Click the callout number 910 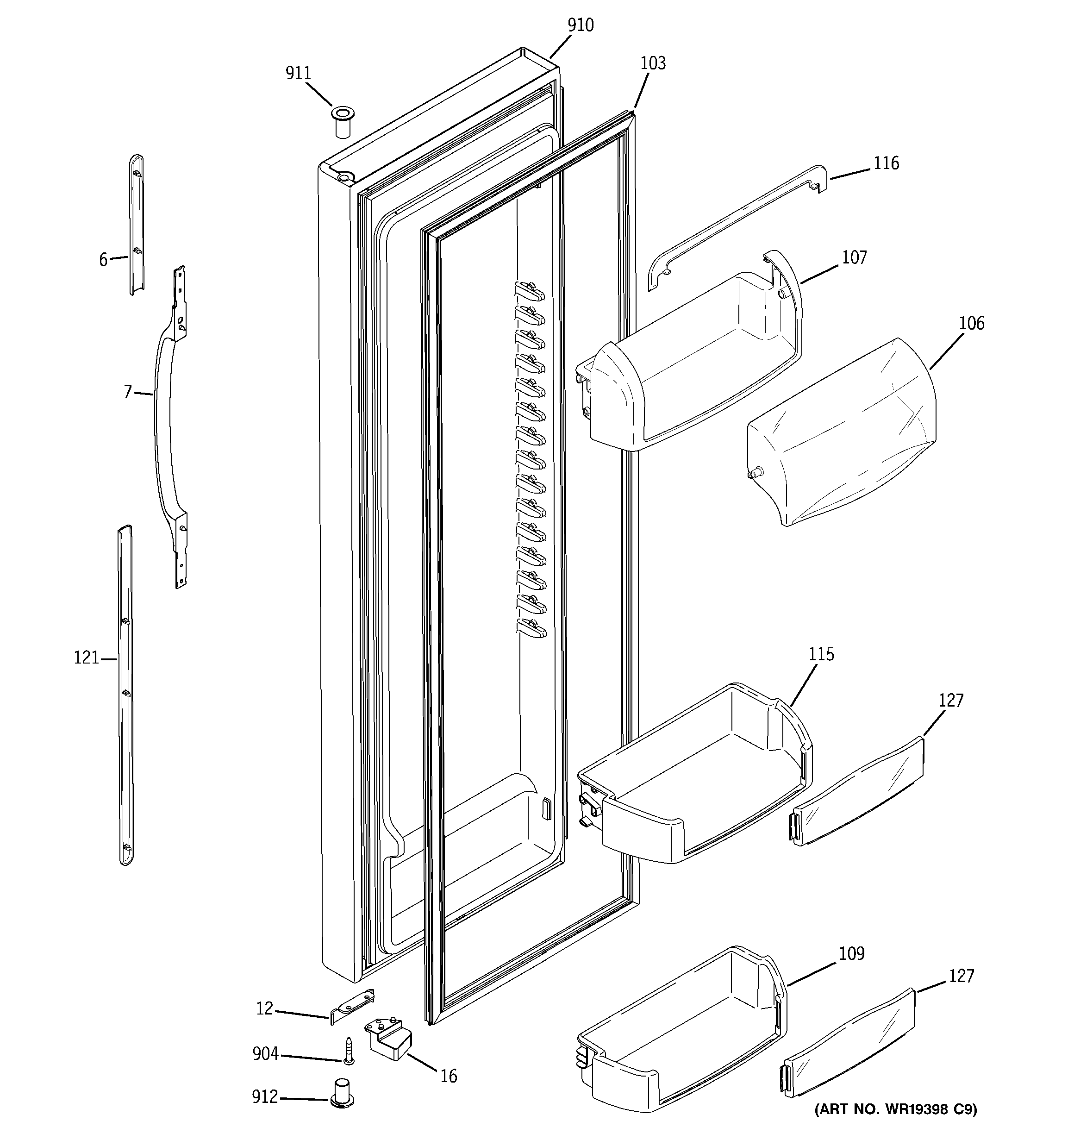580,25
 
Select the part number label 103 653,63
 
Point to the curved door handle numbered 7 163,426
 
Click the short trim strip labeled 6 137,225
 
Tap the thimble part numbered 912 343,1092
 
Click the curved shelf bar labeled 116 738,228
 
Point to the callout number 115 821,654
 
